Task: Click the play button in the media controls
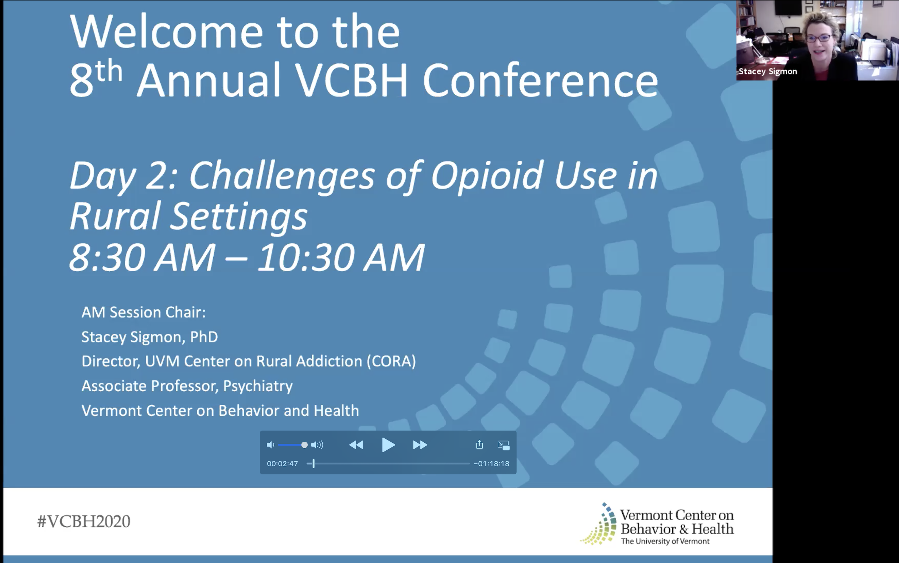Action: pos(388,445)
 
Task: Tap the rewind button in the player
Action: pos(356,445)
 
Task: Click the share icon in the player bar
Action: pos(479,444)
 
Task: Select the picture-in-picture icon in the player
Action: pos(503,445)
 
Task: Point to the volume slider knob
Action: pos(304,445)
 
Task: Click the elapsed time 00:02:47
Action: pos(283,464)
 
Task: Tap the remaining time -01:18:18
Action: pos(491,464)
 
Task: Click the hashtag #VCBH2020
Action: pos(84,521)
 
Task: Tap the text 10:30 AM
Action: pos(340,257)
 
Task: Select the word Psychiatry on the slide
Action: pos(258,386)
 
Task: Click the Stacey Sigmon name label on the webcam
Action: pos(768,71)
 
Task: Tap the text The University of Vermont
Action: pos(665,541)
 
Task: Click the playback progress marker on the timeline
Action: pos(314,463)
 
